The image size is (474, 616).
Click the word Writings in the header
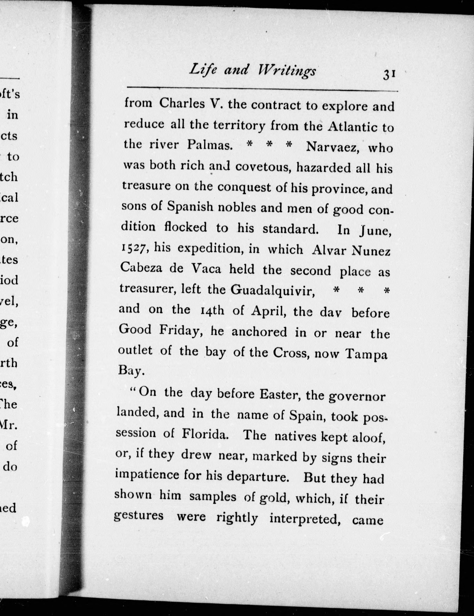coord(286,71)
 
